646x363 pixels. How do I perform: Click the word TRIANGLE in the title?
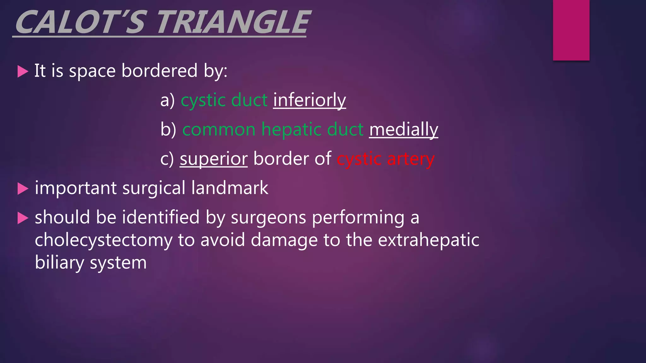(233, 23)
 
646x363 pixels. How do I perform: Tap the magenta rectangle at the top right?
(571, 30)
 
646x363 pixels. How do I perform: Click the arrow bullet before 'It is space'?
(23, 71)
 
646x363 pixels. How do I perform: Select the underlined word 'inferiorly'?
(309, 100)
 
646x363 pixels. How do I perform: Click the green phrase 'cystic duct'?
(224, 100)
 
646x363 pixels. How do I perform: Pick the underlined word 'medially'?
(403, 130)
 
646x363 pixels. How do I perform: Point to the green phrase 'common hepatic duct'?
(273, 130)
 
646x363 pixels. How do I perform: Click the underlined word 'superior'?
(214, 159)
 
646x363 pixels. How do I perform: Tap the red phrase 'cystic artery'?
(385, 159)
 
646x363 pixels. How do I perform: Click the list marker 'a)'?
(167, 100)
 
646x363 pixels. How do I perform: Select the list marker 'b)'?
(168, 130)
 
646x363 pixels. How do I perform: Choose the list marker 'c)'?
(167, 159)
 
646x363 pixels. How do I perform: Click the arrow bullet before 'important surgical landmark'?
(23, 189)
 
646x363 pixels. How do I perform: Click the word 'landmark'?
(230, 188)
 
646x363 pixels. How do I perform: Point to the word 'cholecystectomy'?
(103, 240)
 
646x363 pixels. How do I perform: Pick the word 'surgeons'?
(268, 217)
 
